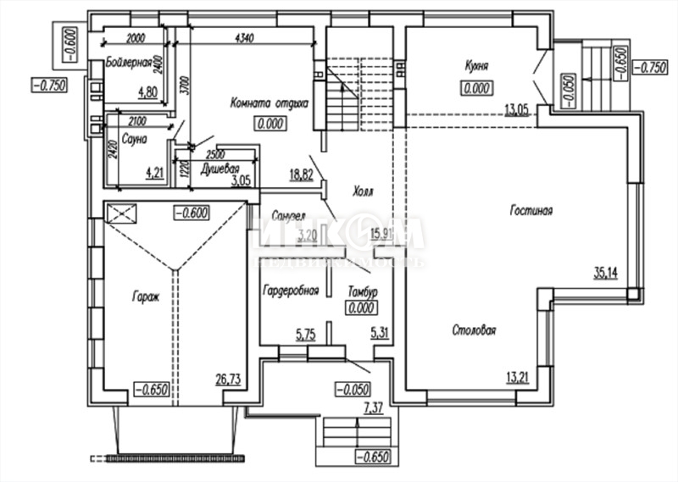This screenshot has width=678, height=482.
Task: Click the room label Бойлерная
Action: point(129,63)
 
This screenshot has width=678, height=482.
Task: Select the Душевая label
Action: point(219,168)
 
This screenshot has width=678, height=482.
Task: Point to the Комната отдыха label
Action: point(269,103)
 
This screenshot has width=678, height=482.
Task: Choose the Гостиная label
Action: point(531,211)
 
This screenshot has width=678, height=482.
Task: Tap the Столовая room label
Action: point(473,330)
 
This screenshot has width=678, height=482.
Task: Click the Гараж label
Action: point(145,296)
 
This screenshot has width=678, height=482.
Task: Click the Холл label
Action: point(364,191)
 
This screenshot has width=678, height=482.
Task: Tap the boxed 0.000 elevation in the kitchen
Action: point(477,87)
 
